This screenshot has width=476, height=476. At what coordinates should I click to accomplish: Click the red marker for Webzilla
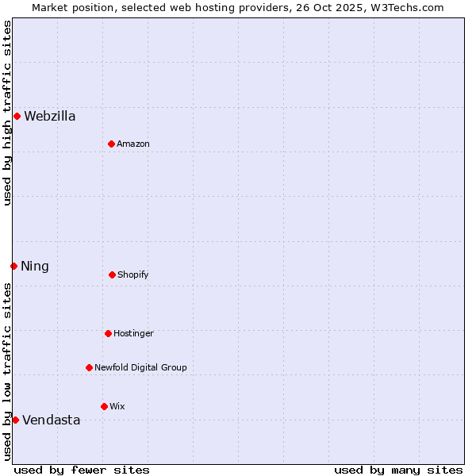click(17, 117)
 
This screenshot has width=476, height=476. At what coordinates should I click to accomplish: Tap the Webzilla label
click(50, 117)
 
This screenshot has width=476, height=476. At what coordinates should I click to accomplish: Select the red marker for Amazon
click(111, 144)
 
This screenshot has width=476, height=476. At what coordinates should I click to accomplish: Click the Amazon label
click(133, 144)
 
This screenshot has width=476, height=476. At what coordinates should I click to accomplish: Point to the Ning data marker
click(13, 266)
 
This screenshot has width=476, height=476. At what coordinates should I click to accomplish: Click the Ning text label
click(35, 267)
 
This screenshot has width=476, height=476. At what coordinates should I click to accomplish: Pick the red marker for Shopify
click(112, 274)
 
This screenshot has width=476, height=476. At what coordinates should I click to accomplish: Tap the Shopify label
click(133, 274)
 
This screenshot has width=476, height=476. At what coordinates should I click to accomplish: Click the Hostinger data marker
click(108, 333)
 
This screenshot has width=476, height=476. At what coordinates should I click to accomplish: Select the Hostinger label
click(133, 333)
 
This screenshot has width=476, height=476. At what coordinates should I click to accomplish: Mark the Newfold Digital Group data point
click(89, 367)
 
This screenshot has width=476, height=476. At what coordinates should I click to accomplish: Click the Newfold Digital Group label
click(140, 367)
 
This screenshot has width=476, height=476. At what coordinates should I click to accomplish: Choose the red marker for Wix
click(104, 406)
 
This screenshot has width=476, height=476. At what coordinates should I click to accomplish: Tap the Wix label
click(117, 406)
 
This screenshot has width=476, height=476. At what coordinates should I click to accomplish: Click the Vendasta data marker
click(15, 420)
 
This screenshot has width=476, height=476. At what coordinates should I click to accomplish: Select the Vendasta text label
click(52, 420)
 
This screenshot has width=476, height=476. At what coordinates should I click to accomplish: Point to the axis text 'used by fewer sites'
click(82, 470)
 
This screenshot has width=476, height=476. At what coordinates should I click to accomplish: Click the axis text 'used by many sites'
click(398, 470)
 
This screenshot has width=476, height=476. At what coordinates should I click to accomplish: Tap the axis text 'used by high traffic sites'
click(7, 113)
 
